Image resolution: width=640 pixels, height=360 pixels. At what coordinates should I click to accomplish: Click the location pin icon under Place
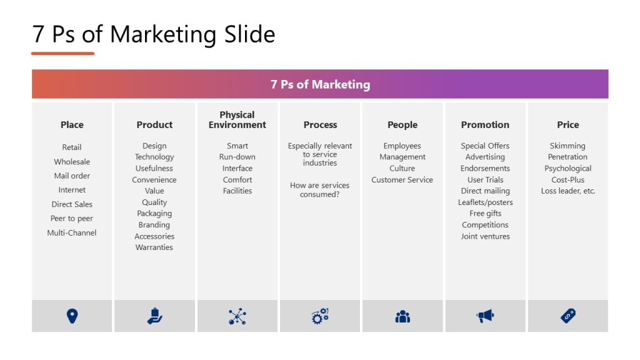[x=72, y=316]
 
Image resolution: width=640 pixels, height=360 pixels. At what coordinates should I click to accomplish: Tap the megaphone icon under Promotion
[x=485, y=316]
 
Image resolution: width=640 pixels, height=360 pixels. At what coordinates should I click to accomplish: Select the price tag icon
[x=567, y=316]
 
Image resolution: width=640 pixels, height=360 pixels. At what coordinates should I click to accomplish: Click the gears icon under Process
[x=320, y=316]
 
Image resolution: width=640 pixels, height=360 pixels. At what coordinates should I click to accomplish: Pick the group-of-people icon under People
[x=402, y=316]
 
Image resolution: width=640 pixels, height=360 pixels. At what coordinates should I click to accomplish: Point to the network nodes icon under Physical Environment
[x=237, y=316]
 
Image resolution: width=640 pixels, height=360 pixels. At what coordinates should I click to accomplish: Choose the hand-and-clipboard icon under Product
[x=154, y=316]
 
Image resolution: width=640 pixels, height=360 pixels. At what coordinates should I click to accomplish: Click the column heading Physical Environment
[x=237, y=119]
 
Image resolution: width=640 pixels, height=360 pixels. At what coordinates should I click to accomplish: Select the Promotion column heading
[x=485, y=124]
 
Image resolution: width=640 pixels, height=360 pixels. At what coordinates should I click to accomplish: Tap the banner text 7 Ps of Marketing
[x=320, y=84]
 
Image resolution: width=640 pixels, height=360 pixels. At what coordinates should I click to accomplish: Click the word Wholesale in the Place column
[x=72, y=161]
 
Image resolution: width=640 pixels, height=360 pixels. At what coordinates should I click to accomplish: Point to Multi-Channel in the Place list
[x=72, y=232]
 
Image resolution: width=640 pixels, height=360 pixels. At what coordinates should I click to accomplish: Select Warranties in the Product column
[x=154, y=247]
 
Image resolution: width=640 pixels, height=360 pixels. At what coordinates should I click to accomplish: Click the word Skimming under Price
[x=567, y=146]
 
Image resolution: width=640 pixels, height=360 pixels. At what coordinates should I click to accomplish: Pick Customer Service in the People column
[x=402, y=179]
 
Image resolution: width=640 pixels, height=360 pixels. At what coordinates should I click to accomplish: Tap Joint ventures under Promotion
[x=485, y=236]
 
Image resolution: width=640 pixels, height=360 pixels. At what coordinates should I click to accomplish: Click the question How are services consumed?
[x=320, y=189]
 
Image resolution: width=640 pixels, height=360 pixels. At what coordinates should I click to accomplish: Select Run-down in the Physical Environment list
[x=237, y=157]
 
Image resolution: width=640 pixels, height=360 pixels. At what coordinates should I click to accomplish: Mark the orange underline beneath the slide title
[x=62, y=54]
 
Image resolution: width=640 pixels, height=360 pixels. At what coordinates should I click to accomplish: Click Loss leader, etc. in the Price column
[x=567, y=191]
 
